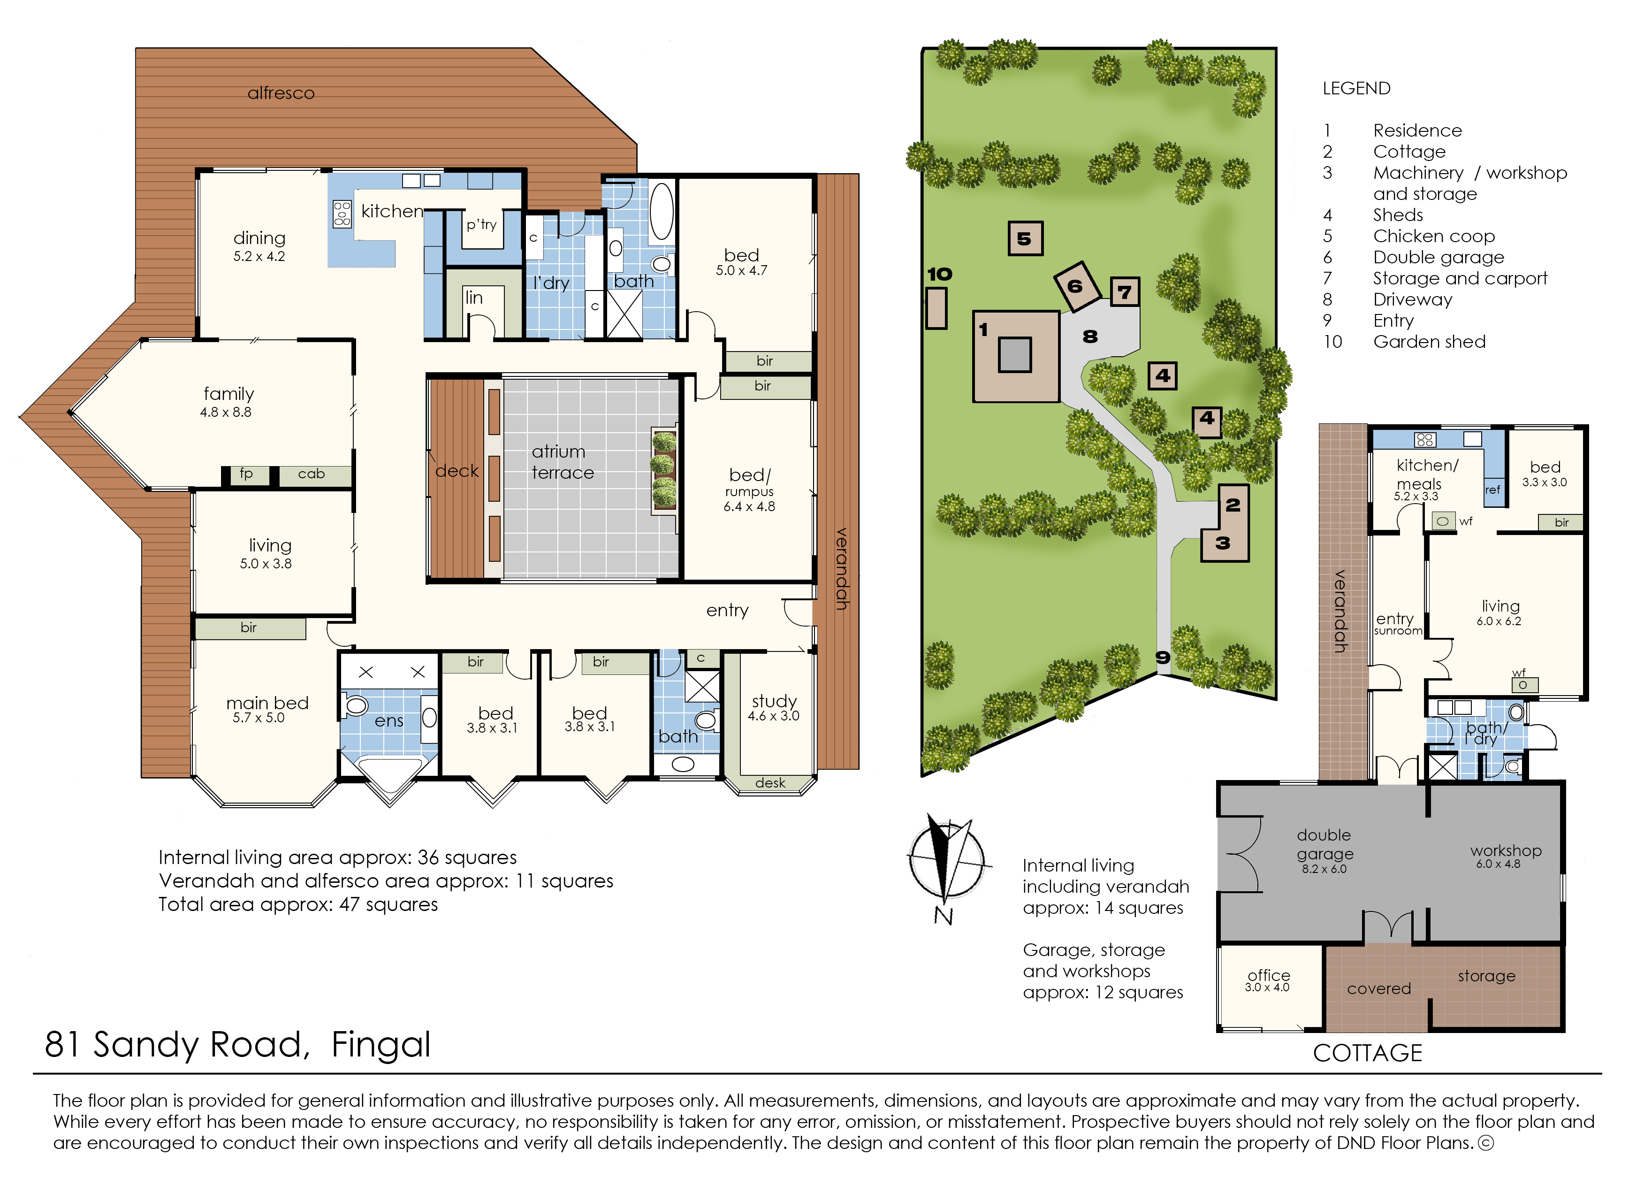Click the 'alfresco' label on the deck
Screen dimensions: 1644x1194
(x=281, y=93)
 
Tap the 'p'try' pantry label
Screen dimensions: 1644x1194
(x=481, y=225)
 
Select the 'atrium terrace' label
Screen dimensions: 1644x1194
(x=563, y=462)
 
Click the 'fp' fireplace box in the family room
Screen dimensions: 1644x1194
(x=246, y=474)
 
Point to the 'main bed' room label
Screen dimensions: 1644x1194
(x=267, y=703)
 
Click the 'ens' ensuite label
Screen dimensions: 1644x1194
(x=389, y=721)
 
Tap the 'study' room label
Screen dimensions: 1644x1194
(x=774, y=701)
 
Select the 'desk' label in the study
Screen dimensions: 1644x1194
(x=770, y=783)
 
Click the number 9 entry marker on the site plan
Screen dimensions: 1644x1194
(x=1163, y=658)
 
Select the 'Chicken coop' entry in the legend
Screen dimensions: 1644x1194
(x=1434, y=237)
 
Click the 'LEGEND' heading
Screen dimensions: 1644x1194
(x=1356, y=88)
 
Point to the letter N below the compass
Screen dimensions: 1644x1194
(x=943, y=916)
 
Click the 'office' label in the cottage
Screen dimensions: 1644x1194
(x=1269, y=975)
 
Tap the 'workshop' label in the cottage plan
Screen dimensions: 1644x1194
(x=1506, y=851)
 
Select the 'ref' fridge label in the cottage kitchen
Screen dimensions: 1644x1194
(x=1492, y=490)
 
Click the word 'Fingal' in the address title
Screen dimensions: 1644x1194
(x=381, y=1045)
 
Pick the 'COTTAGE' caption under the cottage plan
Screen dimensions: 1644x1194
(x=1367, y=1053)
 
